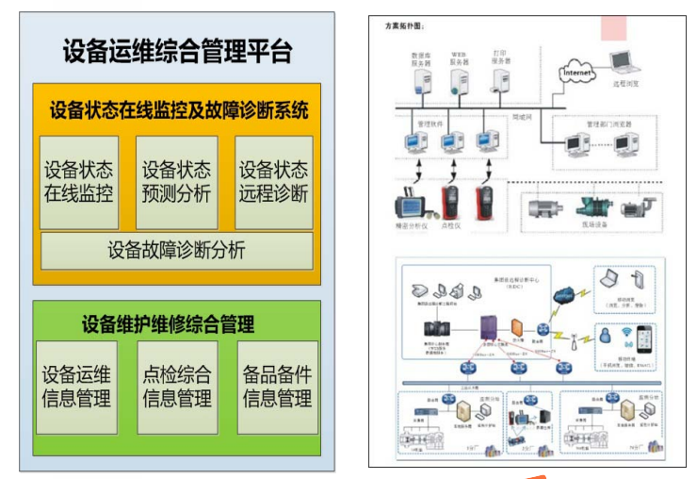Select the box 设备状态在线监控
pyautogui.click(x=79, y=182)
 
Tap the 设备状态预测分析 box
pyautogui.click(x=177, y=182)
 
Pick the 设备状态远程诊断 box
pyautogui.click(x=274, y=182)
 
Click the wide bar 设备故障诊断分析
pyautogui.click(x=177, y=250)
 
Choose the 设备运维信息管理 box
pyautogui.click(x=77, y=386)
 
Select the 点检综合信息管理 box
pyautogui.click(x=177, y=386)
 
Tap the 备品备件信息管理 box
pyautogui.click(x=276, y=386)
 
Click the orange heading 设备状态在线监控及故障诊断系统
pyautogui.click(x=177, y=110)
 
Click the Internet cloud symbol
pyautogui.click(x=577, y=72)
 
